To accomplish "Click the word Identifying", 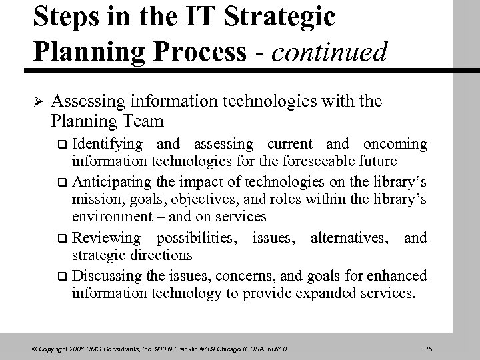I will coord(107,145).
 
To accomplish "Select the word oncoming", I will coord(395,145).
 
